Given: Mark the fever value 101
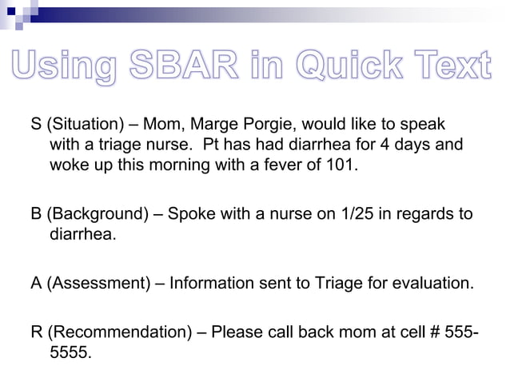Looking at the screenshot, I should [x=345, y=166].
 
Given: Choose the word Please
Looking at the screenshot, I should [x=237, y=332].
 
